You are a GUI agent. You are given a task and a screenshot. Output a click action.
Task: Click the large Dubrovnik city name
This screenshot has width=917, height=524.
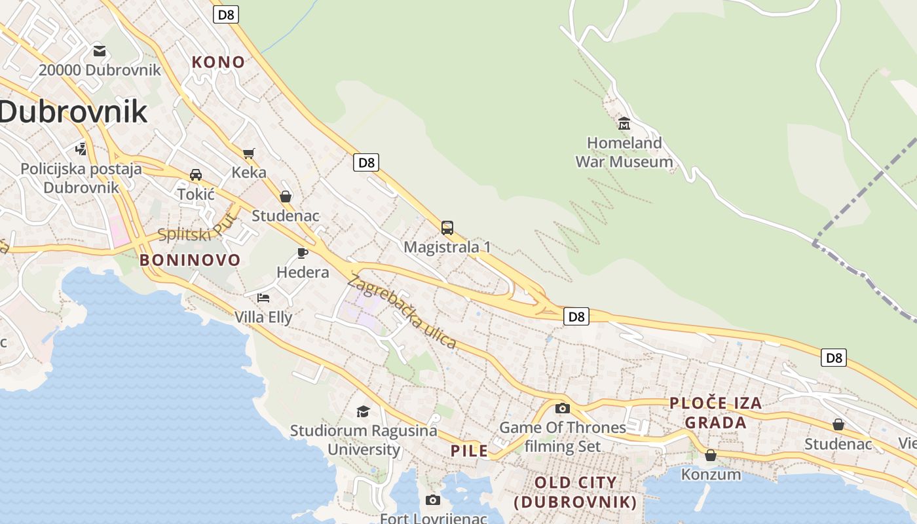point(73,112)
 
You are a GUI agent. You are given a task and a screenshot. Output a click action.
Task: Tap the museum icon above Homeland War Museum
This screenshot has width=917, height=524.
point(624,123)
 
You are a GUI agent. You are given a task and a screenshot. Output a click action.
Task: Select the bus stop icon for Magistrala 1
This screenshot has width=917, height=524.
point(447,228)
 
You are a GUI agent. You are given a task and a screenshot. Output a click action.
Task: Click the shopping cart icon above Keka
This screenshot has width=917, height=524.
point(249,153)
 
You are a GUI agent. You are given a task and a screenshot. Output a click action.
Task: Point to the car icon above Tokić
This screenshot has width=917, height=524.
point(195,175)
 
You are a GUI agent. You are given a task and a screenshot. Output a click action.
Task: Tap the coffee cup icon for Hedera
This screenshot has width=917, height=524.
point(302,253)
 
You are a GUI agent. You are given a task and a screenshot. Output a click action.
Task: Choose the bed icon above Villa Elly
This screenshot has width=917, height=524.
point(263,297)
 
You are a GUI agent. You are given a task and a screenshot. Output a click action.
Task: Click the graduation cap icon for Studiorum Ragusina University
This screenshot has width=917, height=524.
point(363,411)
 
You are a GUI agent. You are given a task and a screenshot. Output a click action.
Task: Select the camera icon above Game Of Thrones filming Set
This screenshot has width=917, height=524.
point(562,409)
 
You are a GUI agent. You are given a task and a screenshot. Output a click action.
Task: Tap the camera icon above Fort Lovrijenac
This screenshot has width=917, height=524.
point(433,500)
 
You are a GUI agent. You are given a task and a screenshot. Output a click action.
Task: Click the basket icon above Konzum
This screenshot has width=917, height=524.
point(711,455)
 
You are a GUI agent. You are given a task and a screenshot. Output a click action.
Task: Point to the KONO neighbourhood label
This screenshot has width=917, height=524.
point(218,62)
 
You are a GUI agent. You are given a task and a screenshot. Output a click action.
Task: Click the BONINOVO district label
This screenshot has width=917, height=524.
point(190,260)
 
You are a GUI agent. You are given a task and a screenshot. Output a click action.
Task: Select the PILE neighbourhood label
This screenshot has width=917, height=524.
point(469,451)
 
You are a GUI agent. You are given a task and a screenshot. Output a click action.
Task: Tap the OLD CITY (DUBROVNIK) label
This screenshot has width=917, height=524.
point(575,493)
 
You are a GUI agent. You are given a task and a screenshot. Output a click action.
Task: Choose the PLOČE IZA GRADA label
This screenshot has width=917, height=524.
point(715,413)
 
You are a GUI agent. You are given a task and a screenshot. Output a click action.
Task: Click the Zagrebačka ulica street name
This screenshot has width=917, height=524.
point(402,312)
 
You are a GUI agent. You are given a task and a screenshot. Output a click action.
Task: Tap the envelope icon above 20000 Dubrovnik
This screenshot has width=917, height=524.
point(100,50)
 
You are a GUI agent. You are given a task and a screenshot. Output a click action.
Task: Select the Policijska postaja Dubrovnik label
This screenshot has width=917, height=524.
point(81,178)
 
